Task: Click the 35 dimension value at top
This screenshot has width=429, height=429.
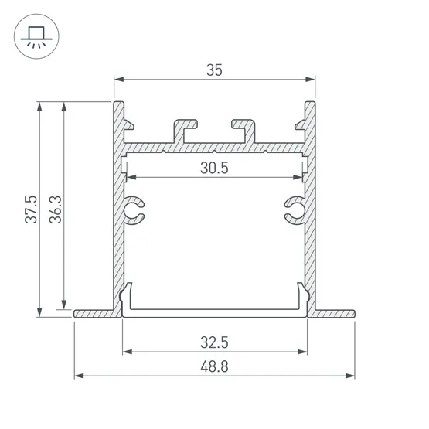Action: [214, 70]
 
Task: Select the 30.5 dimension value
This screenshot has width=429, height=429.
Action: [214, 168]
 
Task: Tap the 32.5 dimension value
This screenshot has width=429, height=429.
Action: [214, 342]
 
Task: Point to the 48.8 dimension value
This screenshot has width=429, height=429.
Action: [214, 366]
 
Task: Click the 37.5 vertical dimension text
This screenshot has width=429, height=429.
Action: [31, 209]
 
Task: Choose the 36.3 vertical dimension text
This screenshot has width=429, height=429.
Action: [56, 209]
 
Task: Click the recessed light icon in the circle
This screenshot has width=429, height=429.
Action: [36, 37]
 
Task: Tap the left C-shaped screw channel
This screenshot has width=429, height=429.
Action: [134, 210]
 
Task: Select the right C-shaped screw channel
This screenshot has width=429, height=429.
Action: [295, 210]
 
